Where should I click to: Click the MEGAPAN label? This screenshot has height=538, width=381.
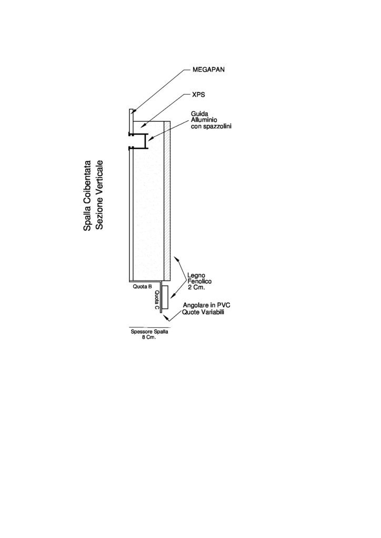point(208,69)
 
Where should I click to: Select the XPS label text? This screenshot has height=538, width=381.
point(198,95)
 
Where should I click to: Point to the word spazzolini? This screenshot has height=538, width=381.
point(218,126)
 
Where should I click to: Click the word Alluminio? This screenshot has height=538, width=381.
point(203,120)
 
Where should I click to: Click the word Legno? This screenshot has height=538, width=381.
point(196,275)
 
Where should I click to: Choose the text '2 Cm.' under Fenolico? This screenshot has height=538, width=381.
point(196,287)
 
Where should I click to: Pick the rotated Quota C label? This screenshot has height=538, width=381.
point(157,300)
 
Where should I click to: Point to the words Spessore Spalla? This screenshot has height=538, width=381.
point(149,332)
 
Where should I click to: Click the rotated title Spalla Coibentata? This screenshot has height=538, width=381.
point(87,195)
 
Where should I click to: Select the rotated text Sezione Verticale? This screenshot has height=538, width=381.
point(99,194)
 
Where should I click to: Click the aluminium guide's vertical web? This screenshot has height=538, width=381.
point(146,141)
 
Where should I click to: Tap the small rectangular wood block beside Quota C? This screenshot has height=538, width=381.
point(165,297)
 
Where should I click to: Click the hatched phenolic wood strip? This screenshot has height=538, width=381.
point(167,200)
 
